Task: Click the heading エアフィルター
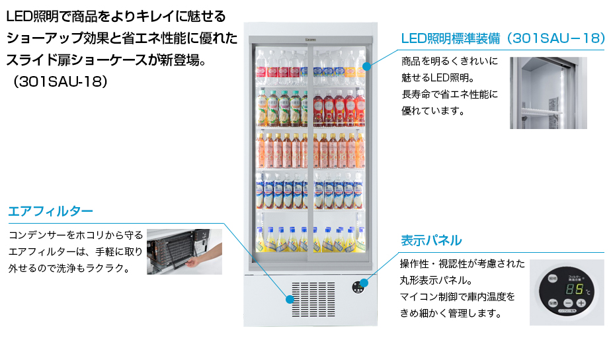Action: point(50,211)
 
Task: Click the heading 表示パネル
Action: point(431,240)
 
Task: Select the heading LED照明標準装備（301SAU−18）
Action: point(503,39)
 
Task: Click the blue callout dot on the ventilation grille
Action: point(290,299)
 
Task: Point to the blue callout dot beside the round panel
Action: point(364,283)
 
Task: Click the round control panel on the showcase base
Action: point(358,286)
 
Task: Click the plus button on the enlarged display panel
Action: point(581,303)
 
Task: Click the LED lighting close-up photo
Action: point(548,93)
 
